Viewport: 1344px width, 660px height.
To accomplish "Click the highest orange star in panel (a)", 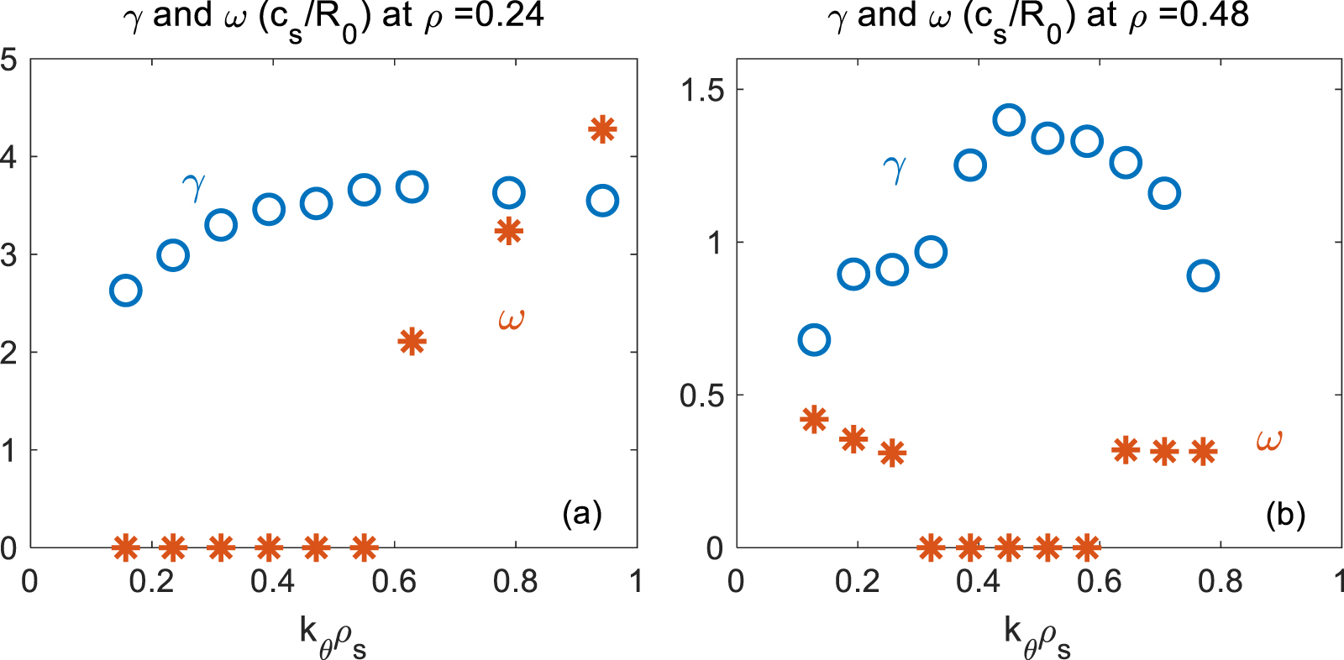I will (602, 129).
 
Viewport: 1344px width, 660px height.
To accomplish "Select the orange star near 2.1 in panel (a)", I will (412, 342).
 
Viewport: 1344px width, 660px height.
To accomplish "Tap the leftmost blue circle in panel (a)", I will (125, 291).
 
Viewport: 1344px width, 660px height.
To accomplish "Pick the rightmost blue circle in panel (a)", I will (602, 201).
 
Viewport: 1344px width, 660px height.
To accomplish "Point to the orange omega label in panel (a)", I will (511, 320).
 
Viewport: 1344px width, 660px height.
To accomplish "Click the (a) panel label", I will (582, 512).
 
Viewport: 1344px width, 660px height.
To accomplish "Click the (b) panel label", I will (1285, 514).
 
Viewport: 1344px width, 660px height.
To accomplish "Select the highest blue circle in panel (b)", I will (1008, 120).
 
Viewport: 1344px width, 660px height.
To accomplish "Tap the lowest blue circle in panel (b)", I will (814, 340).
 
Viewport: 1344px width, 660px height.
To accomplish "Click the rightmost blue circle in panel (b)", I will (1203, 275).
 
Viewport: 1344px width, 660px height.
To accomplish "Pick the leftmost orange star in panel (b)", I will (814, 419).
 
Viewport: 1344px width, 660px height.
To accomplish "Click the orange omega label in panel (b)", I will (1268, 440).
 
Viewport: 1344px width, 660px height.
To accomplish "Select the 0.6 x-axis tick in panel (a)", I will (394, 581).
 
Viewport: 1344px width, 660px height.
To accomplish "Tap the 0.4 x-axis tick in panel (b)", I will (978, 581).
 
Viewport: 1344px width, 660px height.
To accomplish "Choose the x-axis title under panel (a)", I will (333, 636).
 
